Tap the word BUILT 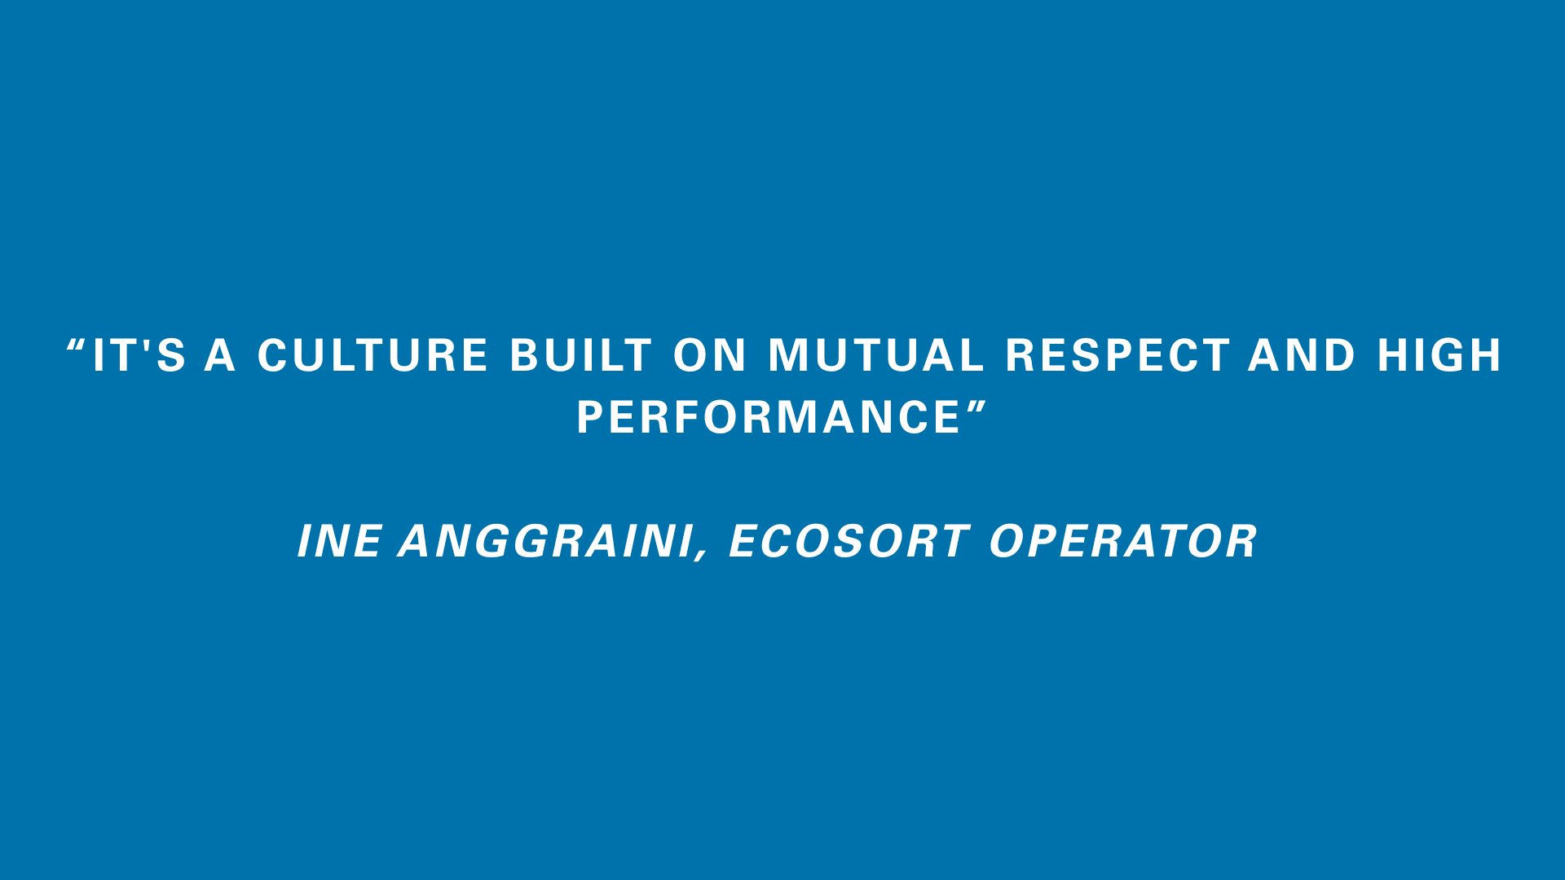pos(581,356)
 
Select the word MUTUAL pos(876,356)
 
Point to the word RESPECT pos(1118,356)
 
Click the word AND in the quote pos(1302,356)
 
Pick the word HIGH pos(1439,356)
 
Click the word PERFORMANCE pos(769,418)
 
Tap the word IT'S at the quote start pos(139,356)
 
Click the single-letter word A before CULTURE pos(220,356)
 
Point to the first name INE pos(339,542)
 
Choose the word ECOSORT pos(849,542)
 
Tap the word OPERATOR pos(1123,542)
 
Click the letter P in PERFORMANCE pos(590,418)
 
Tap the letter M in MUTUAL pos(788,356)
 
